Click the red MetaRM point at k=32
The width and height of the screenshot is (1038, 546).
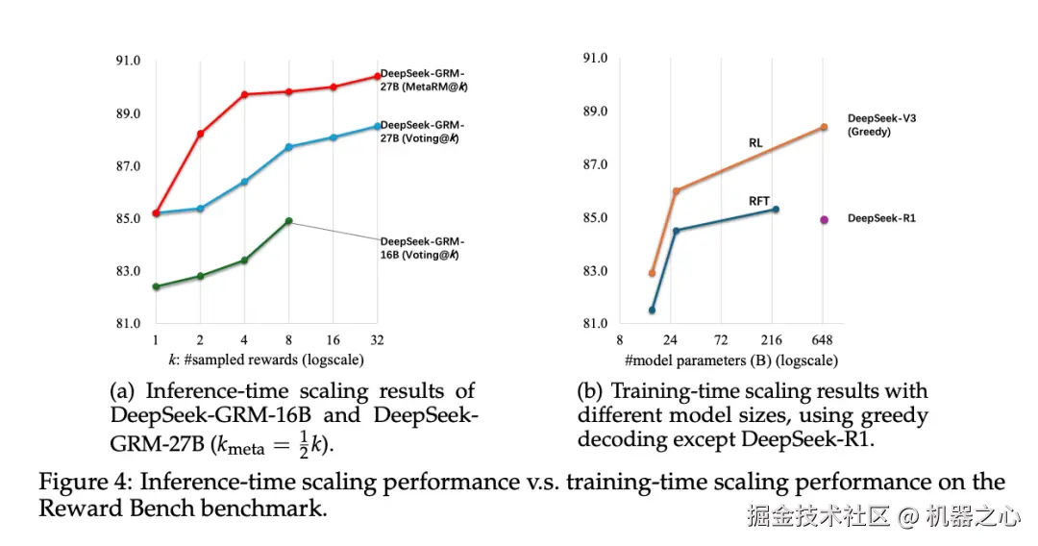click(x=377, y=76)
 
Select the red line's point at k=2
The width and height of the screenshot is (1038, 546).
click(x=200, y=134)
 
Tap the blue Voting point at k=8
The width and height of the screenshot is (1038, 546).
click(x=288, y=147)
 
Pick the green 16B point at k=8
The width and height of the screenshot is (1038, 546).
click(x=288, y=221)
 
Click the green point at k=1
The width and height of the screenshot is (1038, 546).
click(x=156, y=286)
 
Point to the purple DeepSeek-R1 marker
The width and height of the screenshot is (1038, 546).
click(x=824, y=219)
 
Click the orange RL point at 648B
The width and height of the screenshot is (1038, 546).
click(x=824, y=127)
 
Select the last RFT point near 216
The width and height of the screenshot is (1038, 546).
click(x=776, y=209)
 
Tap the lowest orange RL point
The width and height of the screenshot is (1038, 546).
click(x=652, y=273)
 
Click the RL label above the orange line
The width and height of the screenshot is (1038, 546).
click(x=755, y=143)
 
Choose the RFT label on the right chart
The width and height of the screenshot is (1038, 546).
click(x=759, y=201)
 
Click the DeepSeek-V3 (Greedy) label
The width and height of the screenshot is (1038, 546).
click(x=881, y=124)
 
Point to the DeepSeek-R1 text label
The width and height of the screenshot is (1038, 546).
click(x=881, y=219)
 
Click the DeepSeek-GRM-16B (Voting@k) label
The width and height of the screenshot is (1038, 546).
click(x=422, y=247)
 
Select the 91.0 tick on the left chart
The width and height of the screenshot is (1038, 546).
click(x=127, y=61)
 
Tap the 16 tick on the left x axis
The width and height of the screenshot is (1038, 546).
click(x=333, y=341)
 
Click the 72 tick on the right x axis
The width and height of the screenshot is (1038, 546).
click(x=721, y=340)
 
